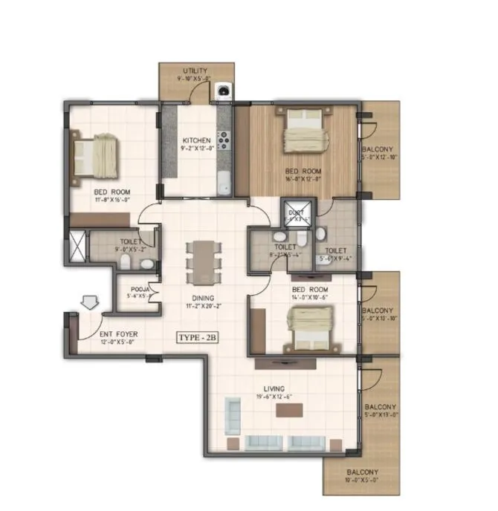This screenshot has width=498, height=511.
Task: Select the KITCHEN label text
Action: [x=196, y=140]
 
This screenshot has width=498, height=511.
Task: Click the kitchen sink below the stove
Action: [x=224, y=180]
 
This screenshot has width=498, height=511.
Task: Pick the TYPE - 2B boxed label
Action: [x=196, y=337]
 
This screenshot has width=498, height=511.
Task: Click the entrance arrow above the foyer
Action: [x=89, y=302]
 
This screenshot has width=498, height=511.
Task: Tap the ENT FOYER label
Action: [x=118, y=335]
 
